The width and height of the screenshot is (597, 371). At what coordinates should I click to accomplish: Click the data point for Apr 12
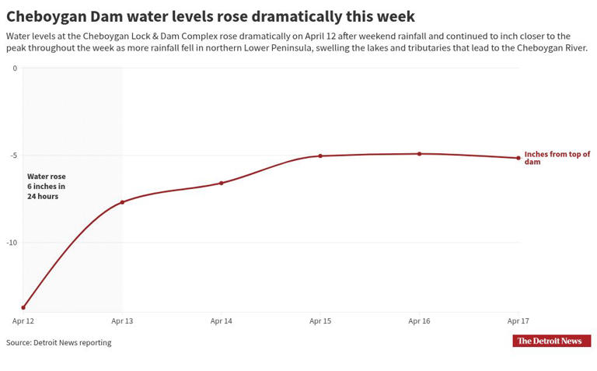pyautogui.click(x=23, y=307)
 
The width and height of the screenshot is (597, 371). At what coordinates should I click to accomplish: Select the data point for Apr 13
pyautogui.click(x=122, y=202)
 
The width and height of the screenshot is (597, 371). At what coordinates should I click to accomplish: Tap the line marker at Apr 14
pyautogui.click(x=222, y=183)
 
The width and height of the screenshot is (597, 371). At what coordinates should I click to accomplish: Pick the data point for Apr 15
pyautogui.click(x=320, y=156)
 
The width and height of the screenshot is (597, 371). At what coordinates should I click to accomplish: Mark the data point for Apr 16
pyautogui.click(x=420, y=154)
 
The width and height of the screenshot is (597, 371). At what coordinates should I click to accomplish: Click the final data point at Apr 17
pyautogui.click(x=518, y=158)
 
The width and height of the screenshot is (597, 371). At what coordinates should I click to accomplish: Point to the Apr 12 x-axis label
pyautogui.click(x=23, y=320)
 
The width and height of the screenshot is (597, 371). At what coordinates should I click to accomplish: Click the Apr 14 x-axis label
pyautogui.click(x=222, y=320)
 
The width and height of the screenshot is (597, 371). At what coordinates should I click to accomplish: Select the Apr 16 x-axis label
pyautogui.click(x=420, y=320)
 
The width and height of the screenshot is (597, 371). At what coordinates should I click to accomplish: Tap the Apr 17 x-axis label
pyautogui.click(x=518, y=320)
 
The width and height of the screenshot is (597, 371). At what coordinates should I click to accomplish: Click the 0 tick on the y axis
pyautogui.click(x=15, y=68)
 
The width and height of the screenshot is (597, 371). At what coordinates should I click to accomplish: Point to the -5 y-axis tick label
pyautogui.click(x=13, y=156)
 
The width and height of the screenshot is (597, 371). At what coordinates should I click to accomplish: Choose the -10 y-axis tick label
pyautogui.click(x=12, y=243)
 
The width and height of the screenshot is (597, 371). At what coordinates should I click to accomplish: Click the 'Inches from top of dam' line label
pyautogui.click(x=557, y=158)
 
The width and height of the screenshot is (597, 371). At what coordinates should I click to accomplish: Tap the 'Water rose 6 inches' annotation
pyautogui.click(x=46, y=187)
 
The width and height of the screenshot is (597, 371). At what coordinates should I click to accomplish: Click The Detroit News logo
pyautogui.click(x=551, y=341)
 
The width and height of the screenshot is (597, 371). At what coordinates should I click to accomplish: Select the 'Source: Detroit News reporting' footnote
pyautogui.click(x=59, y=342)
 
